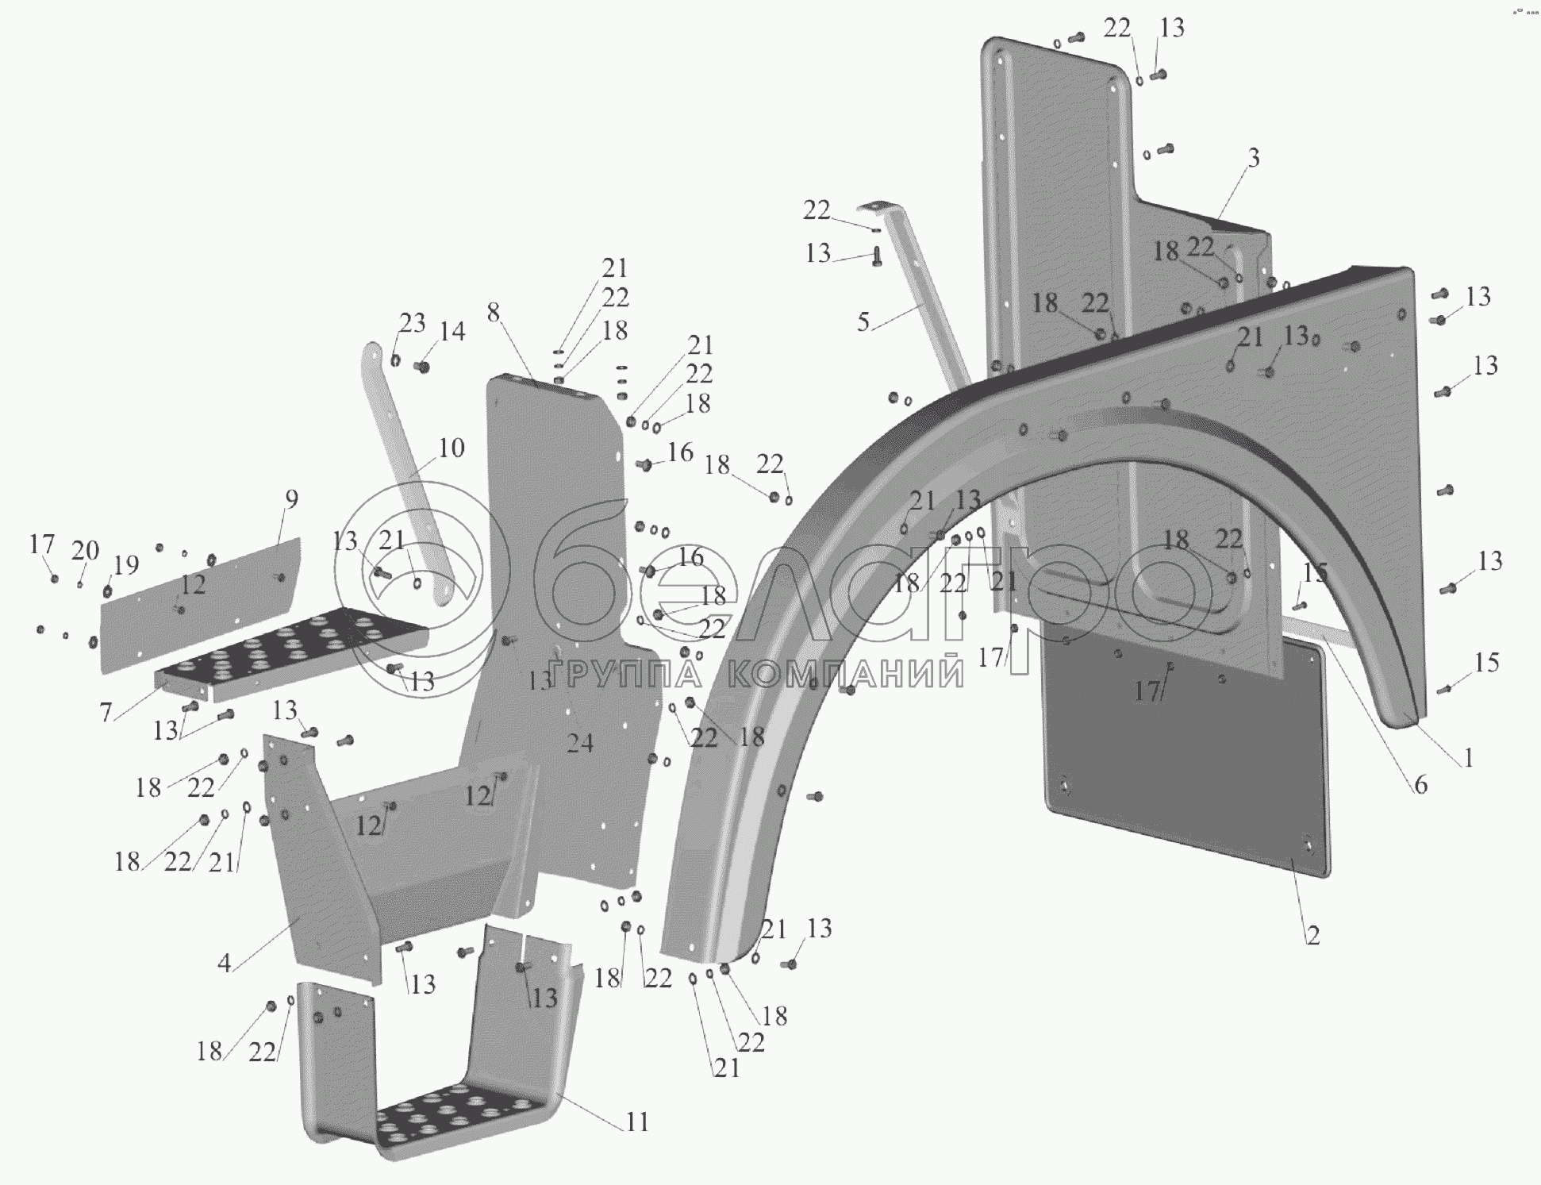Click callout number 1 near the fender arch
click(x=1468, y=758)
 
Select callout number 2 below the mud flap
click(x=1312, y=936)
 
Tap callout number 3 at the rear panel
click(x=1254, y=158)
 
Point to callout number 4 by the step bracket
click(x=225, y=963)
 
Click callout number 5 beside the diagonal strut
click(x=863, y=321)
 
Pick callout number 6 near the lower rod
click(x=1420, y=785)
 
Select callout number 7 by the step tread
click(x=106, y=713)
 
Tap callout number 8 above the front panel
click(x=494, y=313)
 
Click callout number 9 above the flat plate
click(x=291, y=499)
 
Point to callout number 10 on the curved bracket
click(x=451, y=448)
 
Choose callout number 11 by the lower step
click(x=637, y=1122)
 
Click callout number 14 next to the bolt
click(x=452, y=331)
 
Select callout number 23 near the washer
click(x=412, y=323)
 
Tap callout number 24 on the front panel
click(x=580, y=743)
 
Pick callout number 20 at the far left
click(x=86, y=550)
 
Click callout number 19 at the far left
click(x=125, y=565)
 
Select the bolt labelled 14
click(x=422, y=366)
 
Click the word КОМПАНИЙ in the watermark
click(x=845, y=675)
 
